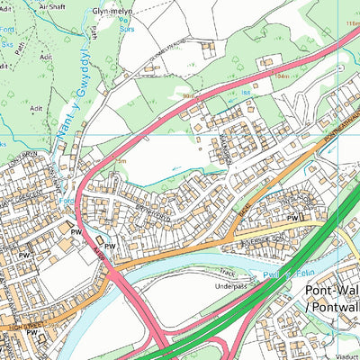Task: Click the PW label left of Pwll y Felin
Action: [292, 219]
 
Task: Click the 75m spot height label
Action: [120, 160]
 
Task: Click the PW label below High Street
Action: [31, 334]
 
